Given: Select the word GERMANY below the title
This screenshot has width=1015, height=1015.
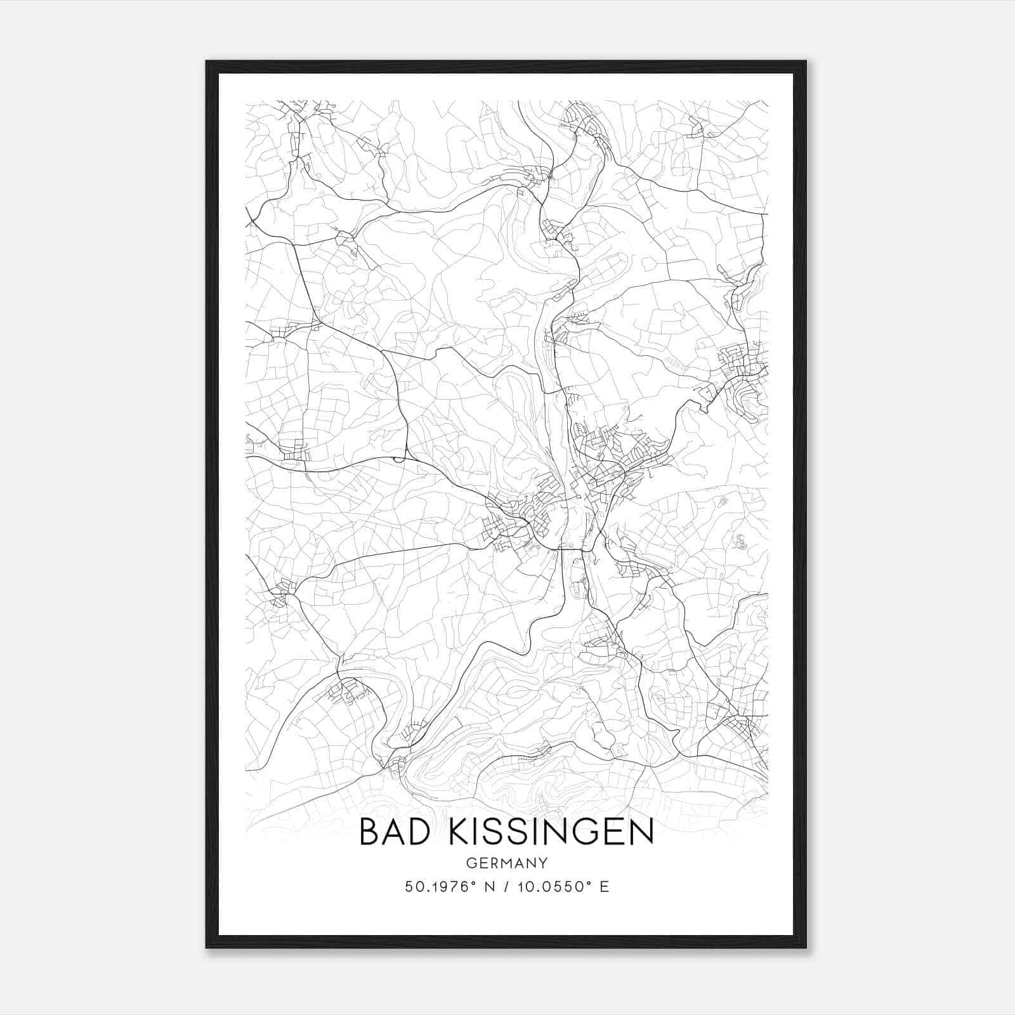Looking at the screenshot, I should tap(507, 863).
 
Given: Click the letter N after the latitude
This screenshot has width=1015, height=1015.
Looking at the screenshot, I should tap(489, 887).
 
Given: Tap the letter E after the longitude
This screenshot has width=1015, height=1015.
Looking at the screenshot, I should tap(605, 887).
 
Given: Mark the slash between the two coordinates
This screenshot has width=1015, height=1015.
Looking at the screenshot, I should tap(507, 887).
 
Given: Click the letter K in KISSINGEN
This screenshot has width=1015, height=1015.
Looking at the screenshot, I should tap(458, 832).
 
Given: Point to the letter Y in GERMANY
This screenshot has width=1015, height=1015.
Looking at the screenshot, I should tap(543, 863).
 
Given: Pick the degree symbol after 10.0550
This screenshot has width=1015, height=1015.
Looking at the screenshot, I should tap(587, 882).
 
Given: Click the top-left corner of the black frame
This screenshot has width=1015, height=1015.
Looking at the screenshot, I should tap(207, 62).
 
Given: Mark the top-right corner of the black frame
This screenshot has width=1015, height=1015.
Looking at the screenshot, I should tap(806, 62).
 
